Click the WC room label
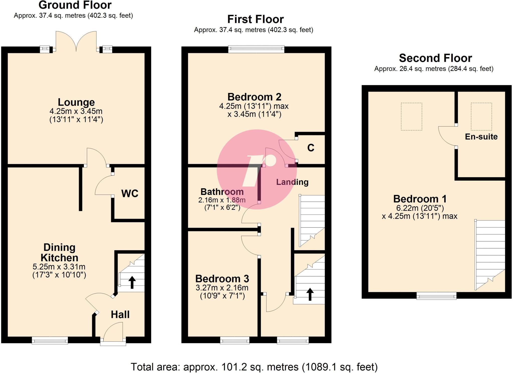point(130,193)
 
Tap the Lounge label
point(76,102)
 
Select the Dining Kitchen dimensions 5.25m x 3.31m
point(59,267)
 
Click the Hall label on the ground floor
point(120,315)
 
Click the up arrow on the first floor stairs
point(310,294)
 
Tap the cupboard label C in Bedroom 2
point(311,148)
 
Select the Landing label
point(292,182)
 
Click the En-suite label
point(481,137)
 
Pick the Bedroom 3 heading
point(222,279)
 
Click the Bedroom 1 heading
point(420,199)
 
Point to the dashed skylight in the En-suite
point(481,116)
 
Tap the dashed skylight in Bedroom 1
point(412,116)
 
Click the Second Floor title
point(435,58)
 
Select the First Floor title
point(255,19)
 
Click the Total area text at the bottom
point(254,367)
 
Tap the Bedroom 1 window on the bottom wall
point(436,296)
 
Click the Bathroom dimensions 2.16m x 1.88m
point(222,200)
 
